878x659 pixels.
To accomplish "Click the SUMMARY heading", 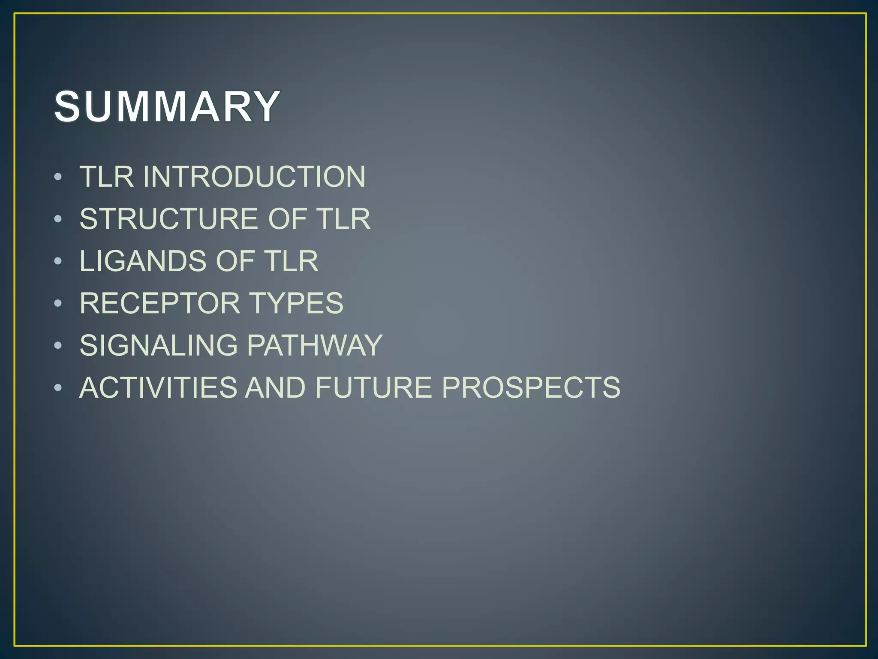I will tap(167, 106).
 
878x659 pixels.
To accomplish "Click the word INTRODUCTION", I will tap(254, 176).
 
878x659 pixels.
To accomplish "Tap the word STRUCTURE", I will tap(168, 219).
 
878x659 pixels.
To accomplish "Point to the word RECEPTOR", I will tap(159, 303).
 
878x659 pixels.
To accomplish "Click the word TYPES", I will tap(296, 303).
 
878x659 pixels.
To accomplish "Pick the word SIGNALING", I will tap(159, 345).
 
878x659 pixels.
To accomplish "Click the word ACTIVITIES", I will tap(158, 387).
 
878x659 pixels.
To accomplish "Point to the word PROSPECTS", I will tap(531, 387).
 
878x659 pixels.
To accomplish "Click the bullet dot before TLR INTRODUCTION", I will tap(58, 177).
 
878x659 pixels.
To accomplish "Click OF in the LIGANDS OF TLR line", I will tap(235, 261).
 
